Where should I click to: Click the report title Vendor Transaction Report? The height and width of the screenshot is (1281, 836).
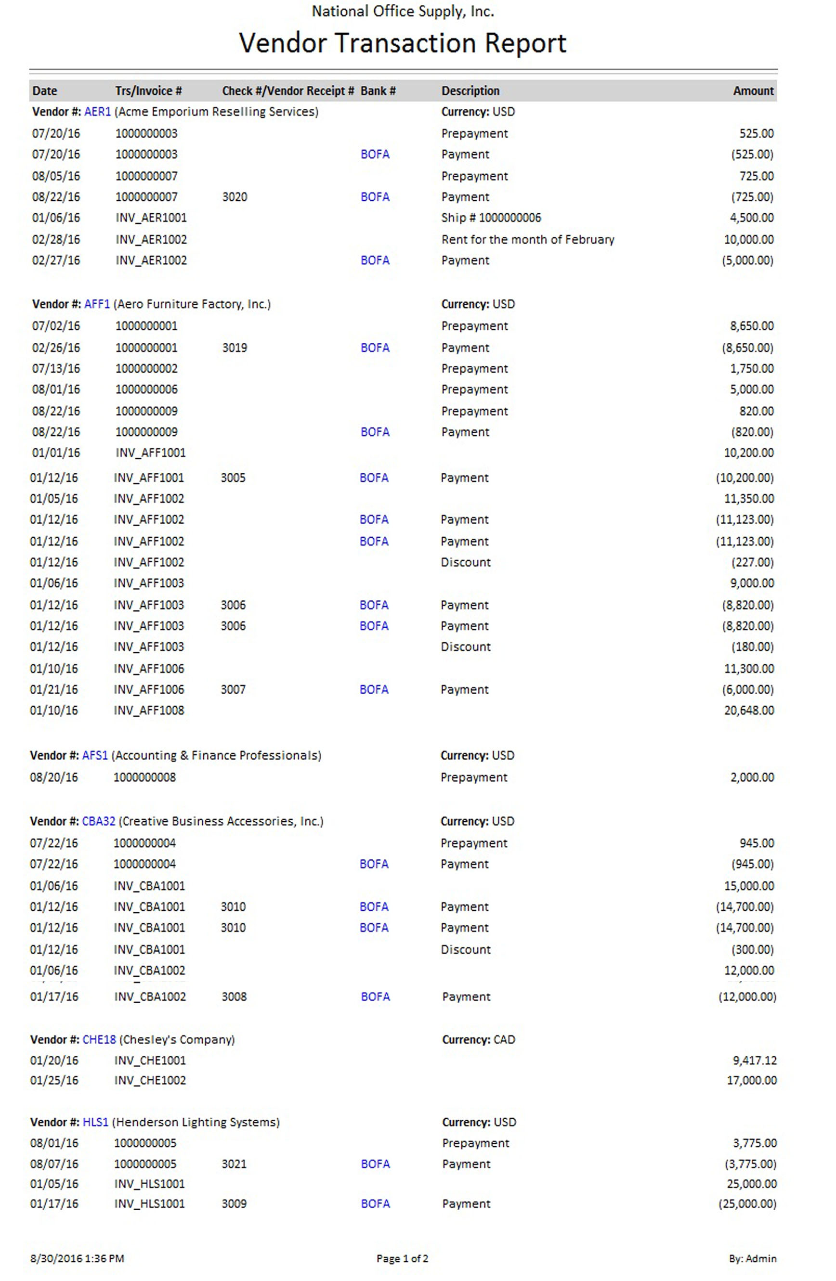402,43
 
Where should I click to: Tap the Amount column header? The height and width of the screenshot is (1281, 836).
753,91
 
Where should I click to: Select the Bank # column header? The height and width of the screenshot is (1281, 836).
378,91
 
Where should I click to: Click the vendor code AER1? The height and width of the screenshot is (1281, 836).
97,112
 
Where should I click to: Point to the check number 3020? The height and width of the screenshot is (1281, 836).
235,197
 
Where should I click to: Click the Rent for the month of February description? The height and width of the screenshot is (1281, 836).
527,240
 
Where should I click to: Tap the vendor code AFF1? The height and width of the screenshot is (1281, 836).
97,304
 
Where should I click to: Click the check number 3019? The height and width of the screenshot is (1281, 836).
235,348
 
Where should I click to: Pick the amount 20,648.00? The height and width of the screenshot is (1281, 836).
749,711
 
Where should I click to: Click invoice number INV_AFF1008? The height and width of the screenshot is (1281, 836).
149,711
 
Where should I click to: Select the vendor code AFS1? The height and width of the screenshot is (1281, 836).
95,756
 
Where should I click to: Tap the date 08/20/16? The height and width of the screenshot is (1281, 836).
54,777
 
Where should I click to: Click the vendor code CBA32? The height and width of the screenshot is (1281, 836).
99,821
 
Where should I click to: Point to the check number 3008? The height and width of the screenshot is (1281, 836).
234,997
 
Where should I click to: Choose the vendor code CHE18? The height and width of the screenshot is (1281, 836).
99,1040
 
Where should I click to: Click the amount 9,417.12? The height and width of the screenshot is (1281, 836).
754,1061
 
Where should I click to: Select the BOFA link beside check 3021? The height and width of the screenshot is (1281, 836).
375,1164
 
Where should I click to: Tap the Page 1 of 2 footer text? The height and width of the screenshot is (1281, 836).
402,1258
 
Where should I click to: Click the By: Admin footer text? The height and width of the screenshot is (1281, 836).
752,1258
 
